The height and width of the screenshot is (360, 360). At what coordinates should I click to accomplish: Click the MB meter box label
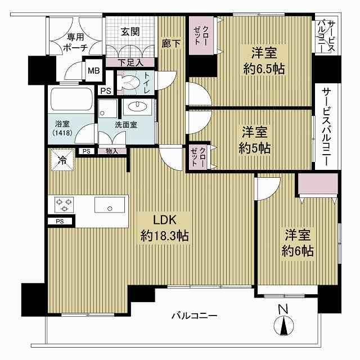pyautogui.click(x=94, y=70)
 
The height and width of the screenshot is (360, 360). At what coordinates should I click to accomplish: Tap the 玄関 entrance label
pyautogui.click(x=130, y=31)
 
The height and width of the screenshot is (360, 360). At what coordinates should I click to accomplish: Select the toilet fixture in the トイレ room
pyautogui.click(x=128, y=82)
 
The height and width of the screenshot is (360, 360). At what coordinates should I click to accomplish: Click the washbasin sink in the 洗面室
pyautogui.click(x=137, y=107)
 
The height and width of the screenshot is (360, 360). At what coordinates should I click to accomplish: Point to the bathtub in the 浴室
pyautogui.click(x=71, y=99)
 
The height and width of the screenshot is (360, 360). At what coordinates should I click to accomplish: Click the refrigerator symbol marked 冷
pyautogui.click(x=62, y=160)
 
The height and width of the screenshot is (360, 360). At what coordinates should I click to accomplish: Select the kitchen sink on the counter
pyautogui.click(x=110, y=205)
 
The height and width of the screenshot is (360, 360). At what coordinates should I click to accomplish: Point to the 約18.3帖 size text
pyautogui.click(x=165, y=236)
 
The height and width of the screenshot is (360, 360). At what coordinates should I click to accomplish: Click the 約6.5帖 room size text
pyautogui.click(x=264, y=69)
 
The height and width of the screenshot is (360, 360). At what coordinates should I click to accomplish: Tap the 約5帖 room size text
pyautogui.click(x=254, y=148)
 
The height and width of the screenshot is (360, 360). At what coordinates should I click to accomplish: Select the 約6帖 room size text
pyautogui.click(x=298, y=251)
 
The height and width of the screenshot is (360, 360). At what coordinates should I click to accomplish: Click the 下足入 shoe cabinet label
pyautogui.click(x=131, y=62)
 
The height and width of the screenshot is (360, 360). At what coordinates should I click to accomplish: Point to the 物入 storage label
pyautogui.click(x=112, y=151)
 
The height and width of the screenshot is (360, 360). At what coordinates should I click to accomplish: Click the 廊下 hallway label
pyautogui.click(x=171, y=43)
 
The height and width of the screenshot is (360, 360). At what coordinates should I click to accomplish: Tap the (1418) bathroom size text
pyautogui.click(x=62, y=133)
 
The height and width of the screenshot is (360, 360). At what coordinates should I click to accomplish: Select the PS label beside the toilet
pyautogui.click(x=106, y=91)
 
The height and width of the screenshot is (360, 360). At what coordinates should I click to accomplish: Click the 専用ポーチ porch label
pyautogui.click(x=75, y=42)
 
